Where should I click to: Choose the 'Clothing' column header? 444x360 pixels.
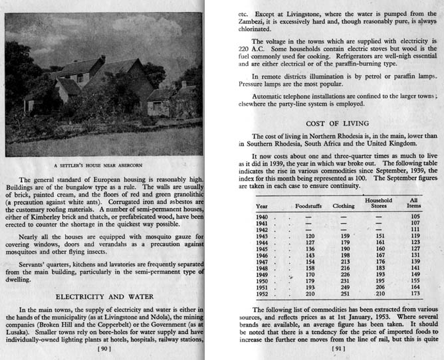pyautogui.click(x=344, y=205)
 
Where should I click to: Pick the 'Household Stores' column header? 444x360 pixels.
pyautogui.click(x=380, y=203)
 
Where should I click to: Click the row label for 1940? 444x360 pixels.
pyautogui.click(x=262, y=217)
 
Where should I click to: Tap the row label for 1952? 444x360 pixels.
pyautogui.click(x=262, y=293)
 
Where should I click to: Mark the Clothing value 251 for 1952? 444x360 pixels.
pyautogui.click(x=344, y=293)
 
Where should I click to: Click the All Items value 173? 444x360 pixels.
pyautogui.click(x=415, y=293)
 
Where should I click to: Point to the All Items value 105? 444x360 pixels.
pyautogui.click(x=415, y=217)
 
